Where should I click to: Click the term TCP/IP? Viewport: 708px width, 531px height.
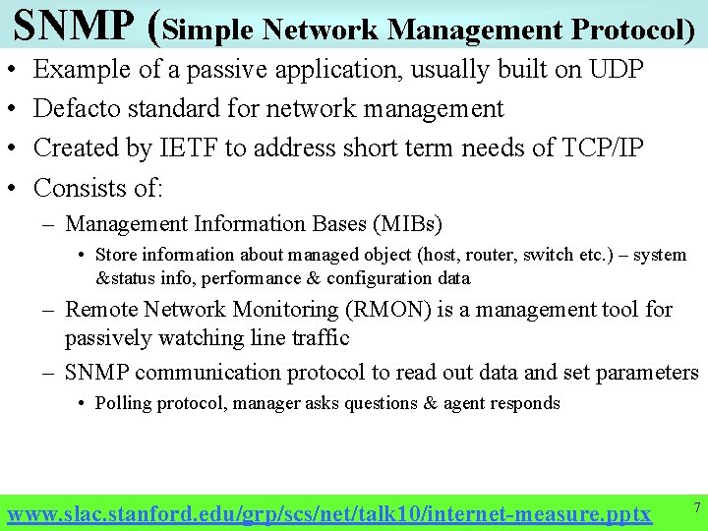click(x=596, y=148)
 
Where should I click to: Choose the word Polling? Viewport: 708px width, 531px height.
click(x=123, y=403)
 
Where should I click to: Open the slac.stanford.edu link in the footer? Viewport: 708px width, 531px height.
click(x=328, y=513)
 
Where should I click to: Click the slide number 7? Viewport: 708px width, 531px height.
click(x=695, y=507)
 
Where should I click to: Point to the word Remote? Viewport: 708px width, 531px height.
click(x=101, y=310)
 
